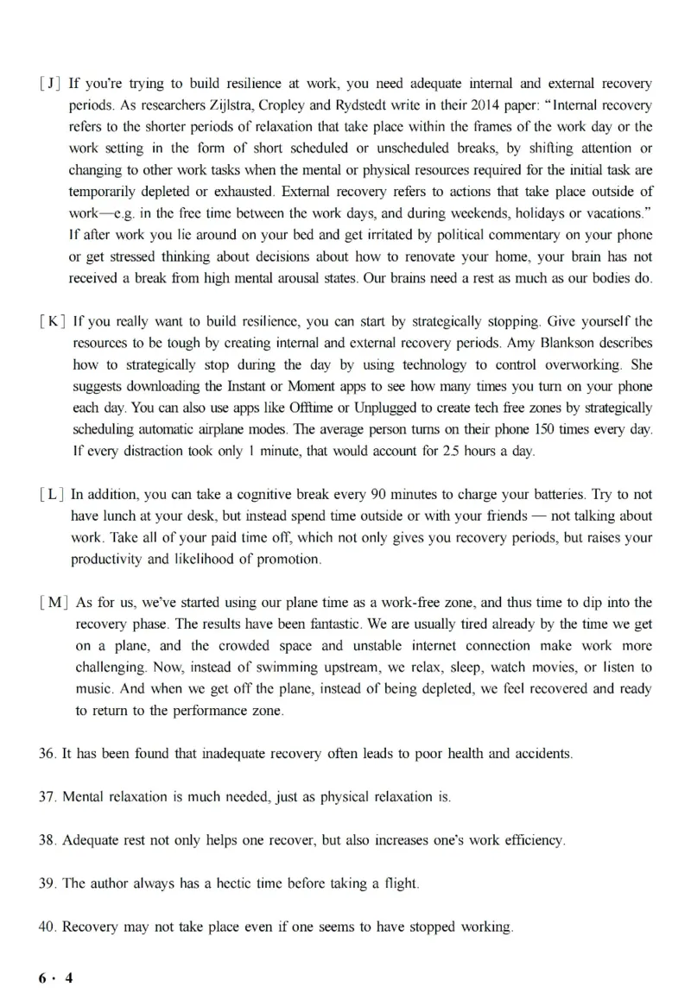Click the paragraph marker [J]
tap(51, 84)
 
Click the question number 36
tap(48, 753)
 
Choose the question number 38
tap(48, 839)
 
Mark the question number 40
tap(48, 927)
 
